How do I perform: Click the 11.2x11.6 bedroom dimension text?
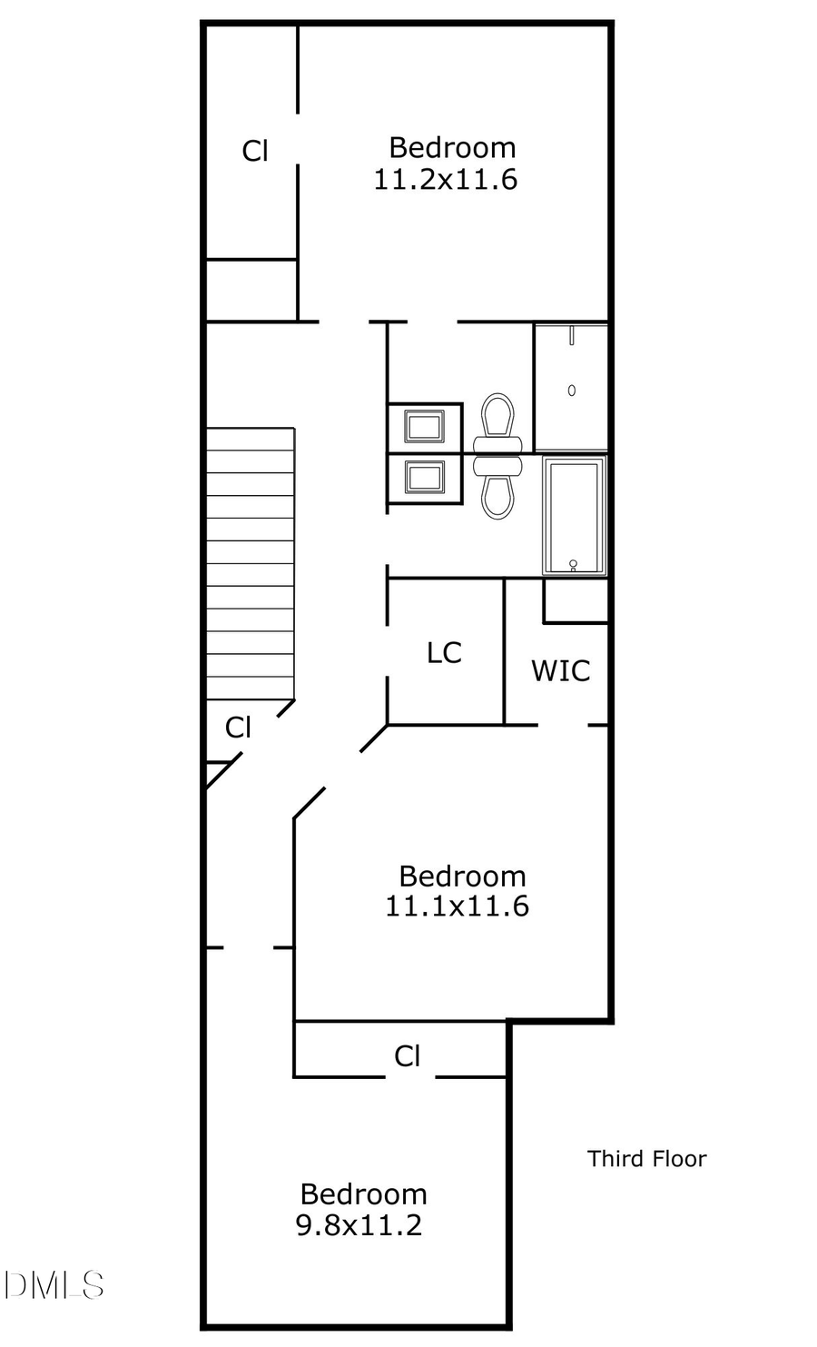(445, 180)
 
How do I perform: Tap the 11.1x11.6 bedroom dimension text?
(457, 906)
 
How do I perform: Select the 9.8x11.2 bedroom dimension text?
(359, 1225)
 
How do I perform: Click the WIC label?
(560, 671)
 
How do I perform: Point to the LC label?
(444, 652)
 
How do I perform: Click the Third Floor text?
(646, 1158)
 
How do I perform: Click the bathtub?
(574, 516)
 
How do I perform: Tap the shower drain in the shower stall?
(571, 391)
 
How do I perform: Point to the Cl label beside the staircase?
(238, 728)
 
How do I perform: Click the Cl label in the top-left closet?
(255, 151)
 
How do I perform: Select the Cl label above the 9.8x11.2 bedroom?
(408, 1055)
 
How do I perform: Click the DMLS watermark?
(53, 1284)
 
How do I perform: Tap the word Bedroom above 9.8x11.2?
(363, 1193)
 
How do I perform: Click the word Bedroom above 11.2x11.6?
(452, 147)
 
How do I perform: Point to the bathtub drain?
(573, 564)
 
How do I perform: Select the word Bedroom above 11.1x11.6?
(462, 876)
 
